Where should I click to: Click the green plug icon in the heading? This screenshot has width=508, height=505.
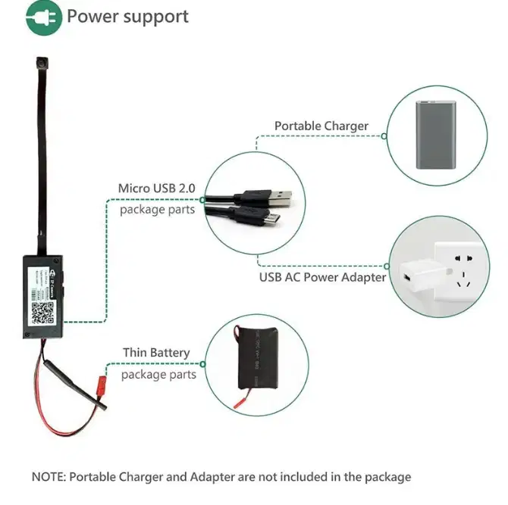[44, 17]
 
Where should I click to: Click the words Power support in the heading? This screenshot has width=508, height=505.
[127, 17]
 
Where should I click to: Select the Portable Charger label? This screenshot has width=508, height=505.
[321, 126]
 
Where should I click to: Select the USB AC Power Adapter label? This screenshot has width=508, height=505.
[322, 276]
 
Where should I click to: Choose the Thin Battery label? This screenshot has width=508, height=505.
[156, 353]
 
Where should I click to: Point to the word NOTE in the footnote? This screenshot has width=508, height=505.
[49, 477]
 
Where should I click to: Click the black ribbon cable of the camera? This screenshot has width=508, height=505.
[36, 167]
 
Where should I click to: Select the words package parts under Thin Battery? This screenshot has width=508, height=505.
[158, 374]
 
